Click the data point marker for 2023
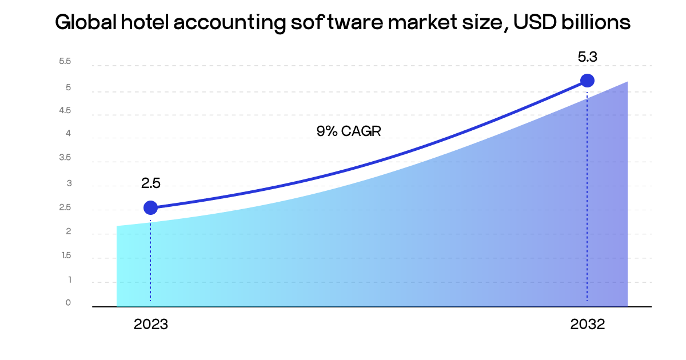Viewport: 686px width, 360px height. pos(150,207)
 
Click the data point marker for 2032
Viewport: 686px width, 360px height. pos(587,81)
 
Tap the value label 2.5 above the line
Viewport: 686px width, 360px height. pos(151,183)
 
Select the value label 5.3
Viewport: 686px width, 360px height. pos(587,57)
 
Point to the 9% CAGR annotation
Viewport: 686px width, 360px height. pos(349,131)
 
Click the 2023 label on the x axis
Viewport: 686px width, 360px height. pos(151,325)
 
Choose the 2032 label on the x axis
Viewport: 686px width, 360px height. pos(587,325)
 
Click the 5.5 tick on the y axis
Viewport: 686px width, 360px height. pos(65,61)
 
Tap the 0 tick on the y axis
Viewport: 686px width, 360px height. pos(68,302)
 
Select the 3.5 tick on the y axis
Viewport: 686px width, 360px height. pos(65,158)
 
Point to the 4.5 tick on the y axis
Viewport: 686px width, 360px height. pos(65,110)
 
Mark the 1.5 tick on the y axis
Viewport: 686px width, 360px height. pos(66,255)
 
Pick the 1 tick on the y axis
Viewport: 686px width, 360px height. pos(69,279)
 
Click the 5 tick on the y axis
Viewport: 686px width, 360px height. pos(68,87)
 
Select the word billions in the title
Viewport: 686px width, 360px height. pos(596,22)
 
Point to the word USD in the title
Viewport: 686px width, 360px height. pos(535,22)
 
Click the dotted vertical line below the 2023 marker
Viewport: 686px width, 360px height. pos(150,257)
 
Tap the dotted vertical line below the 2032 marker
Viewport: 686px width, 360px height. pos(587,194)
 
